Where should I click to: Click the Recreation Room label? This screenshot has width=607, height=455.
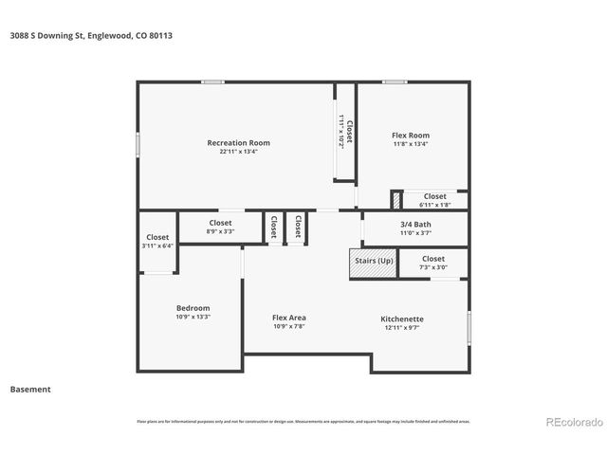click(232, 143)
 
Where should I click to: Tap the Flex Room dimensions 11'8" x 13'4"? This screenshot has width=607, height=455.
click(411, 144)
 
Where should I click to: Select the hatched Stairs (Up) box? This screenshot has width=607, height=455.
click(373, 264)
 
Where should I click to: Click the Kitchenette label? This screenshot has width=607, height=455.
click(402, 318)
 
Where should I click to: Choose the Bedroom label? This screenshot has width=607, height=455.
click(193, 308)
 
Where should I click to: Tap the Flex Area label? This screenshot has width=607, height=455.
click(289, 318)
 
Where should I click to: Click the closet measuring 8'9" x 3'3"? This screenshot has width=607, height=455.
click(220, 227)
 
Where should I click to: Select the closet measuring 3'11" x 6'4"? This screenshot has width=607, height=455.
click(157, 242)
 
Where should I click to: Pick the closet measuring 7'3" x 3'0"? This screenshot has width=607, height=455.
click(433, 263)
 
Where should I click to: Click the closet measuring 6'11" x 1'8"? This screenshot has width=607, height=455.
click(434, 200)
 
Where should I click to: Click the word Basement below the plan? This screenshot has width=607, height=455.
click(30, 389)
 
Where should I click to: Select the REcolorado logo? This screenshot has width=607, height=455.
click(573, 422)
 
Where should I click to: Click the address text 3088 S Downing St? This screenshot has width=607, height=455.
click(51, 35)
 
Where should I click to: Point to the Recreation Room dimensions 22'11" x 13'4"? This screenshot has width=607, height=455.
click(232, 152)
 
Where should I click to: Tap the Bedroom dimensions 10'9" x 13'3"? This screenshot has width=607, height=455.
click(193, 317)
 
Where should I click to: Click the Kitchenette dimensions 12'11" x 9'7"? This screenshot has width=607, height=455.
click(402, 327)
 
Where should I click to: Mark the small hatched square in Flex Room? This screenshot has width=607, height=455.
click(396, 200)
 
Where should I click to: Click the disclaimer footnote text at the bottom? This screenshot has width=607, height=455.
click(303, 421)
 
